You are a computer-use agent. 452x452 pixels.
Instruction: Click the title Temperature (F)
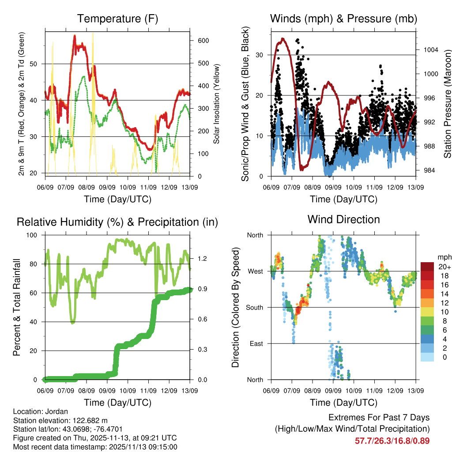117,19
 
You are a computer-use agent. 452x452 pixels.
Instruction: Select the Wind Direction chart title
343,219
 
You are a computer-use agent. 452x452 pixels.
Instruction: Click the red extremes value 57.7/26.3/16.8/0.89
392,441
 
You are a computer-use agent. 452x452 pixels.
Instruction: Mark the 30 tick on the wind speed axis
260,55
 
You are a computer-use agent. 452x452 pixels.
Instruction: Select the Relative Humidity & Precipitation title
117,222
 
